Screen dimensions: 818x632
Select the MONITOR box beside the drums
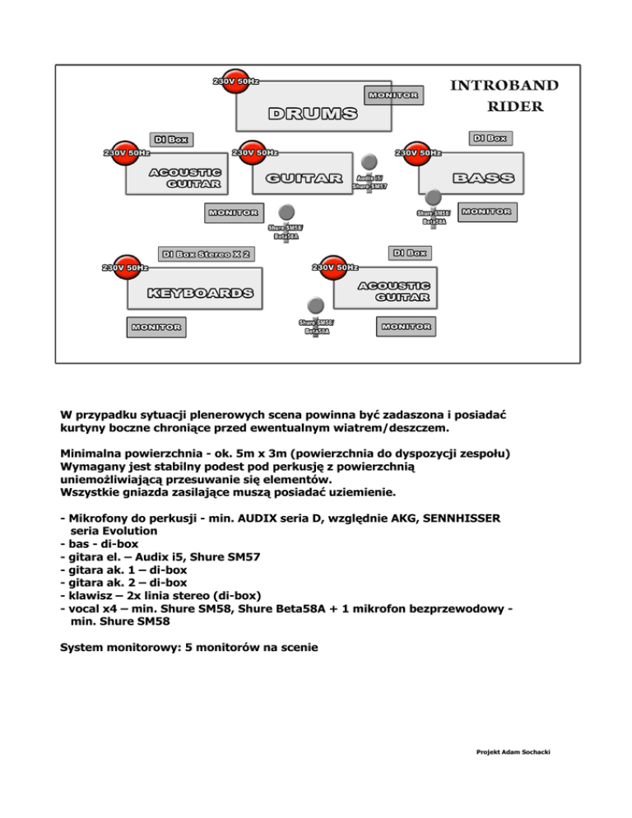(393, 95)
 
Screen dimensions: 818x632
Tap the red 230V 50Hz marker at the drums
(235, 81)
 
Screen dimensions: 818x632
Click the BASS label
(484, 178)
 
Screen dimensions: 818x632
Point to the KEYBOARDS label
(200, 293)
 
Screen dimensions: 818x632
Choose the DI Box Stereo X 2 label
(207, 253)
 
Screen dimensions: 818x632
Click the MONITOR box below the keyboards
(156, 327)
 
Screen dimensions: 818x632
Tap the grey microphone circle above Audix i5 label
(370, 161)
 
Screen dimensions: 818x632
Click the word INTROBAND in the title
(505, 86)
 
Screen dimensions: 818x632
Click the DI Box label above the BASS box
(490, 137)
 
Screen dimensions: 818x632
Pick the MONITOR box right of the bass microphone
(486, 211)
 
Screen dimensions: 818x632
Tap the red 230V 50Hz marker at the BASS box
(418, 152)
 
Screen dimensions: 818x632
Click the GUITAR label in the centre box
(304, 179)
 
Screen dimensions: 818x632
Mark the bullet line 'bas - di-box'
(100, 544)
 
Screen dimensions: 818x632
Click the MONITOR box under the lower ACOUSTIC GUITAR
(405, 327)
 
